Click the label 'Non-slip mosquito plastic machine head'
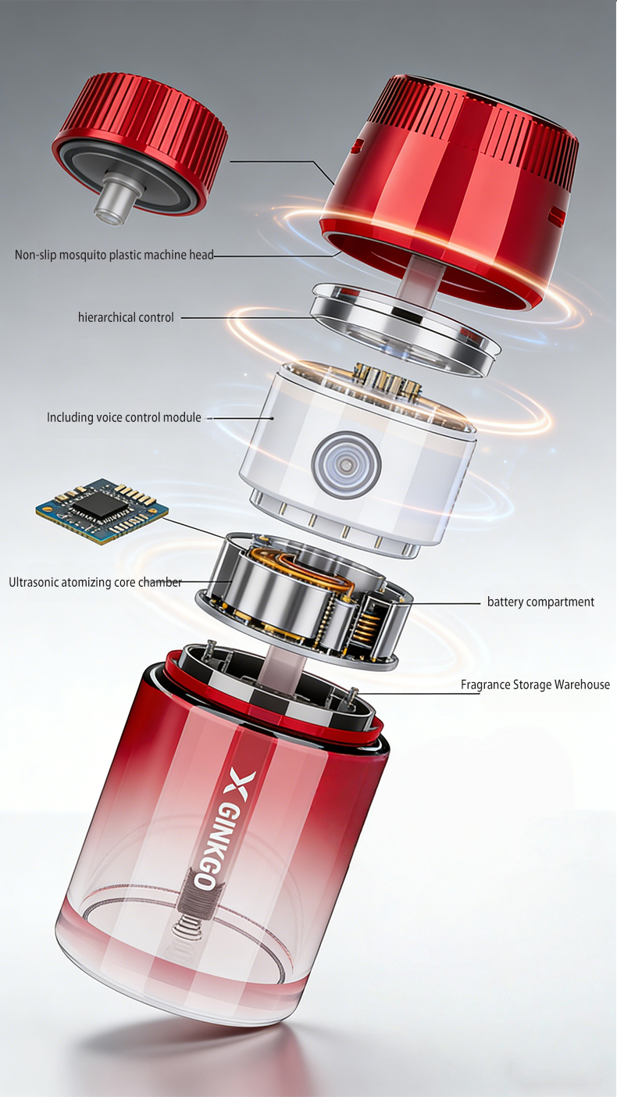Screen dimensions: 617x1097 [114, 255]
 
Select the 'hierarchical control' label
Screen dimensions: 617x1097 [126, 317]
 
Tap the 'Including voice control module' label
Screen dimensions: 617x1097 [124, 417]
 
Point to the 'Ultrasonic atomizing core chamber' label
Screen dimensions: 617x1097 [95, 582]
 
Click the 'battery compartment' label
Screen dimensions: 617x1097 [540, 602]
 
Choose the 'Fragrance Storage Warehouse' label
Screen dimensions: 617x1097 [535, 684]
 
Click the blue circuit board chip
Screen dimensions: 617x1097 [102, 513]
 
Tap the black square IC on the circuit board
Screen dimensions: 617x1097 [98, 505]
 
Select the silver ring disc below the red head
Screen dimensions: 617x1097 [405, 329]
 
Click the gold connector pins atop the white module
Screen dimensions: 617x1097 [387, 379]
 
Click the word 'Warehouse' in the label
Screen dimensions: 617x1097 [582, 684]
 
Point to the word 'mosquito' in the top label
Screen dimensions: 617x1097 [81, 255]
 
